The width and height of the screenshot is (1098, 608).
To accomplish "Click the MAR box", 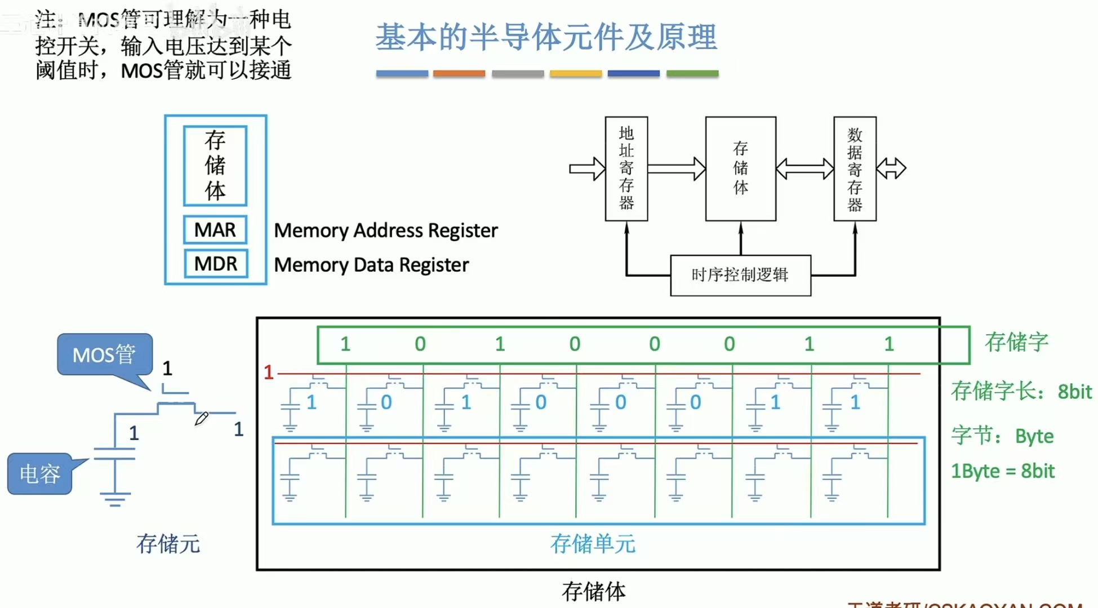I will (215, 230).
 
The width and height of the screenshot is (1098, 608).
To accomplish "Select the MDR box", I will (215, 264).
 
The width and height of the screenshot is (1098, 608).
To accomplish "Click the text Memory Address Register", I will (386, 230).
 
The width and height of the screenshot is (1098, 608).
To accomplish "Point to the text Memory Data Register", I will (371, 265).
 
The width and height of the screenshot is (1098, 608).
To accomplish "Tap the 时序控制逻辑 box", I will (740, 275).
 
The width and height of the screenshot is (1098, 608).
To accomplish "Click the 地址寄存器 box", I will (626, 168).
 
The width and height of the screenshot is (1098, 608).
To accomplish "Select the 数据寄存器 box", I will (855, 168).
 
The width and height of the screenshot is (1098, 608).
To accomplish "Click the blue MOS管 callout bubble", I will (105, 354).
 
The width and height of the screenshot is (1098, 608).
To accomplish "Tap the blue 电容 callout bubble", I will (40, 474).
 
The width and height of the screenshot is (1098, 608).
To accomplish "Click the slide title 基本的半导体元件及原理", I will (546, 37).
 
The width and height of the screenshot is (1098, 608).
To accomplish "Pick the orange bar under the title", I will (459, 74).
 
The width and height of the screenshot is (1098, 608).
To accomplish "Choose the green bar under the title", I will (692, 74).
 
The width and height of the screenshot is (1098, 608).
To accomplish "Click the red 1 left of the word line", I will (269, 372).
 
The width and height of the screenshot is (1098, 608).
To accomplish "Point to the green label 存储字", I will (1016, 342).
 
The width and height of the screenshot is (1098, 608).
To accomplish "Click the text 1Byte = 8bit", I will (1002, 471).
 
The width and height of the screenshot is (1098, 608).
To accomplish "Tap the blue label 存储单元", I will (593, 544).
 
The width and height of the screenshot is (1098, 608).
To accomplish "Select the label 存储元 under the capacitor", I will (168, 544).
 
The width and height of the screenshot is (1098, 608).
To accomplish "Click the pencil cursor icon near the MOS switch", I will (201, 419).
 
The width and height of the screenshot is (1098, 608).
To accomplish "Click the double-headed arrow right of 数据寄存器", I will (891, 168).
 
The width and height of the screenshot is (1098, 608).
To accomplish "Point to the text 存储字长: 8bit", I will (1021, 391).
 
